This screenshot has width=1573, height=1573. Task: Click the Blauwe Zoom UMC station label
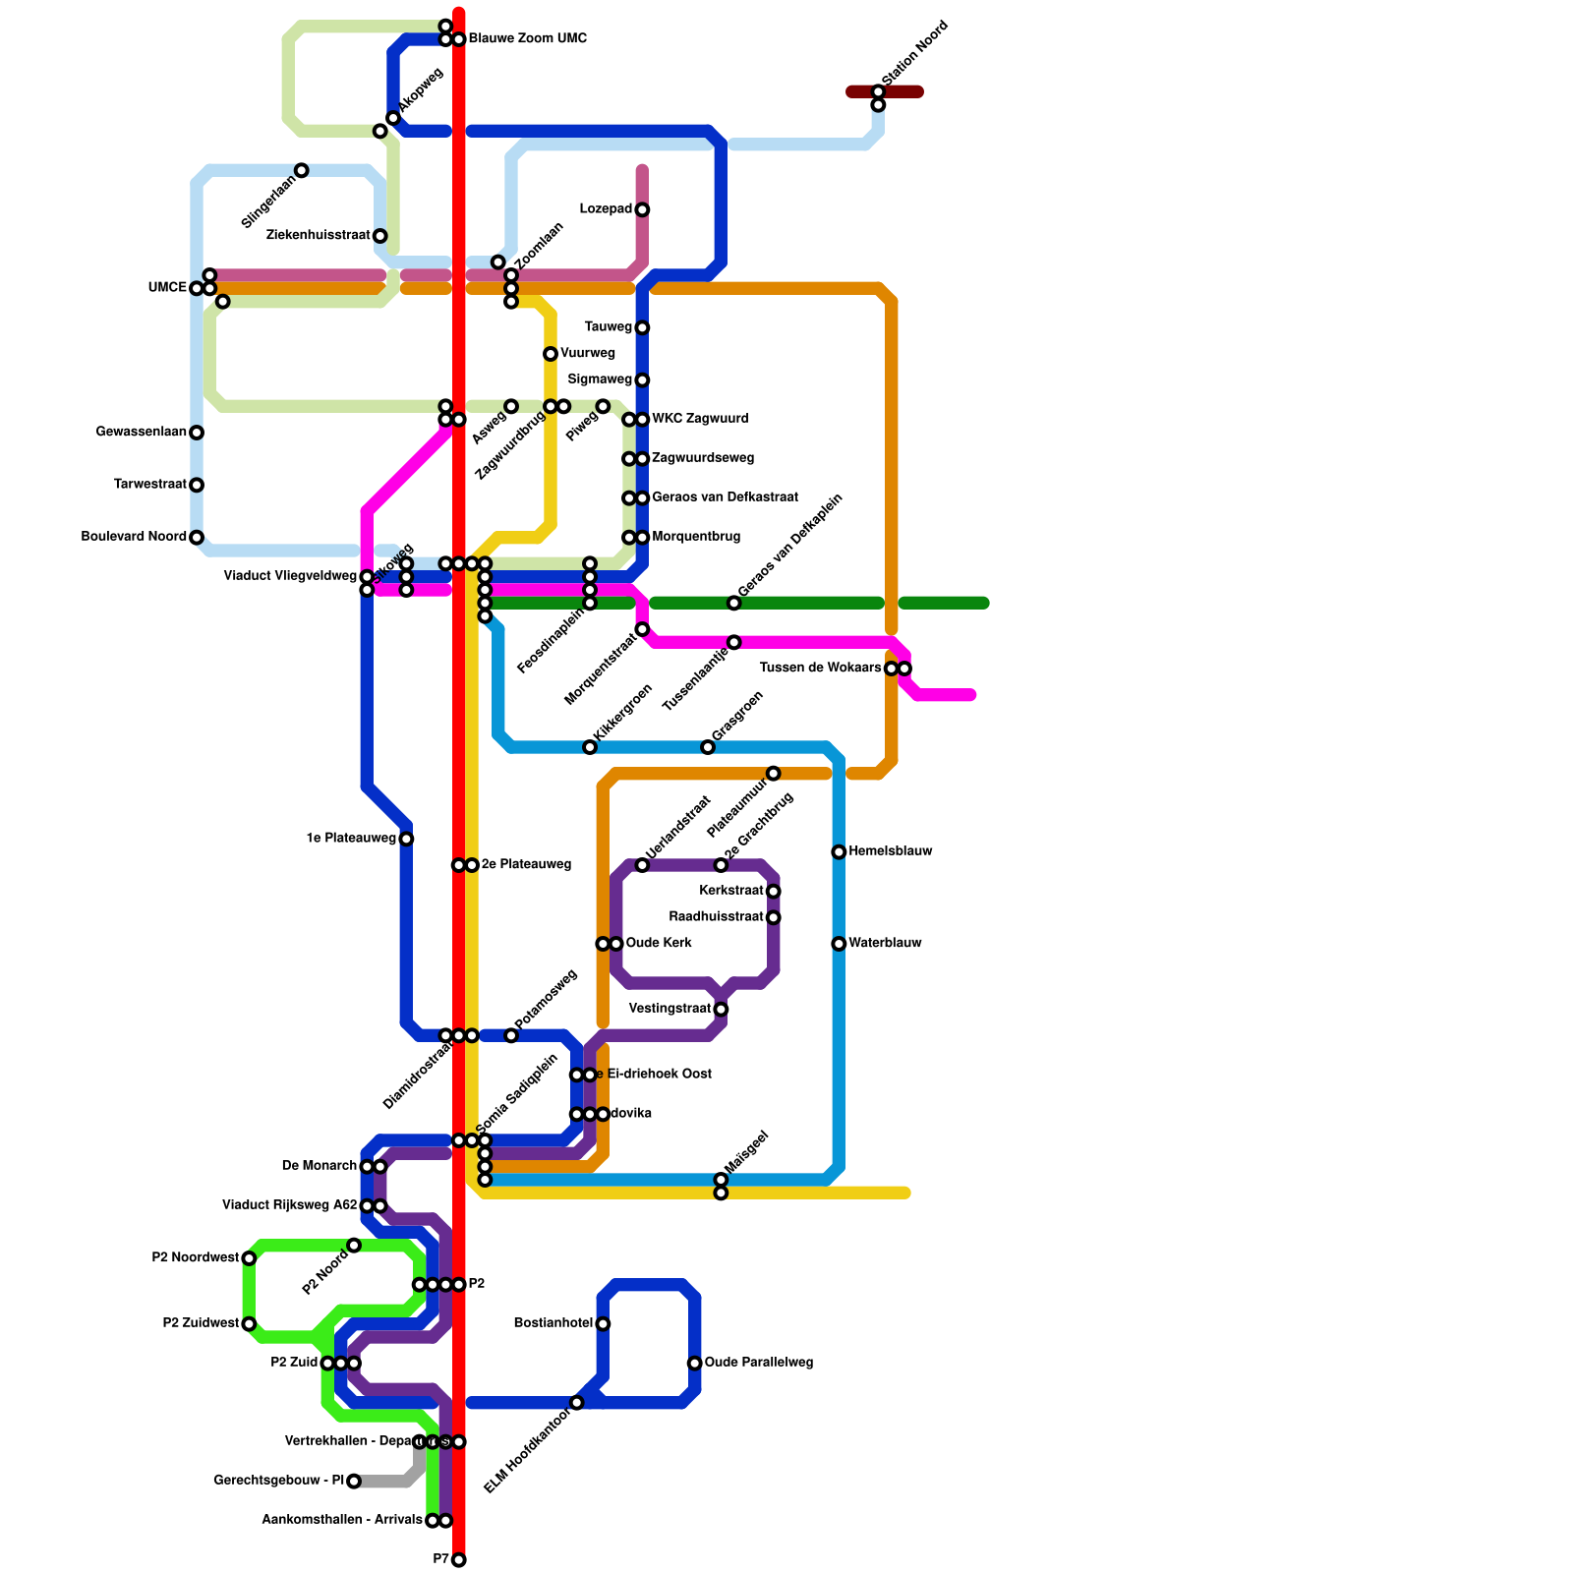point(527,39)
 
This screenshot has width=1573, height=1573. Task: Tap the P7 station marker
point(459,1560)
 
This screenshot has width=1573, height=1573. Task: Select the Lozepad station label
point(606,209)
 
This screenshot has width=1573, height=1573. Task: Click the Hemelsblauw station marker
point(839,852)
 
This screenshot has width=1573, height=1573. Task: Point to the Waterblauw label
point(885,944)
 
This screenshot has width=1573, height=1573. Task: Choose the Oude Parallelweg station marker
point(695,1364)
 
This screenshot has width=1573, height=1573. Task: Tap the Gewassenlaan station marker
point(197,433)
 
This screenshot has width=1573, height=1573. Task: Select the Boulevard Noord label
point(134,538)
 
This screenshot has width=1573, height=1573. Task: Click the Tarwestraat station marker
point(197,486)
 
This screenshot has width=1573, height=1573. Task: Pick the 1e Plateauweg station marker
point(406,839)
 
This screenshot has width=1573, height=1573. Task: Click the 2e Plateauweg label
point(526,865)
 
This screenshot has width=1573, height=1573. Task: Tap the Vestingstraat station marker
point(721,1010)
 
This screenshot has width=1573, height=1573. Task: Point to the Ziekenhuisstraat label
point(319,236)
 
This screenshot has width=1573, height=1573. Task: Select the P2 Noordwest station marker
point(249,1258)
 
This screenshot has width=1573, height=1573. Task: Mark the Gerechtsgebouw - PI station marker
point(354,1482)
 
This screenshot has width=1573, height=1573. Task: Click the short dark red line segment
point(885,92)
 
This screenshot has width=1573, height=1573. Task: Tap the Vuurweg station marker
point(551,354)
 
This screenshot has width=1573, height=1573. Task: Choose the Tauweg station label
point(608,327)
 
